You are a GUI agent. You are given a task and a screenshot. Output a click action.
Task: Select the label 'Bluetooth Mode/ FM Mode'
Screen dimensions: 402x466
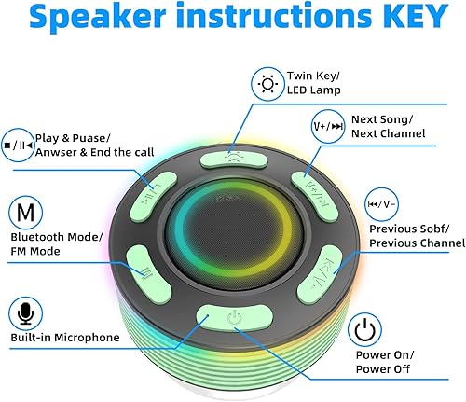click(x=57, y=244)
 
